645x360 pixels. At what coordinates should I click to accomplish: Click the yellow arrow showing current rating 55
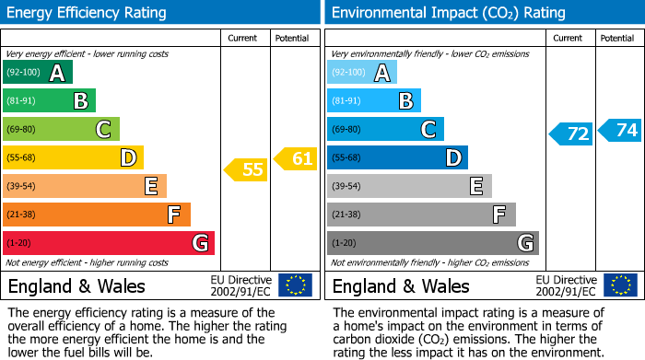pos(246,169)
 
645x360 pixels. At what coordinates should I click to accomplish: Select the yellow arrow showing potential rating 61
pos(295,159)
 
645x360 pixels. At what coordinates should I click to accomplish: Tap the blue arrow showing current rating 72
pos(570,134)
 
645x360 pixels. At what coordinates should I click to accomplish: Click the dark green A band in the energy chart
pos(38,73)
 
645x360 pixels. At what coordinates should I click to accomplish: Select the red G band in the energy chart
pos(109,243)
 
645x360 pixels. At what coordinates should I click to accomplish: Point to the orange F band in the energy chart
pos(97,215)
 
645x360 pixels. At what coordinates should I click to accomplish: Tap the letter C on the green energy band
pos(103,130)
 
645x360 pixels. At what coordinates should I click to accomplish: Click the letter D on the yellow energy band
pos(127,158)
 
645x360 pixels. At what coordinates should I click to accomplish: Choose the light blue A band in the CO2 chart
pos(362,73)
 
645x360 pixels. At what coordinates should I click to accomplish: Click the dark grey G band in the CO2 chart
pos(433,243)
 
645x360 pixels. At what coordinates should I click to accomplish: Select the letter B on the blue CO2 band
pos(405,101)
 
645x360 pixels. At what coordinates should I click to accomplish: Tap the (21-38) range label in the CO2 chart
pos(346,215)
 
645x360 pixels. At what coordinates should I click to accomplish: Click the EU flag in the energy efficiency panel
pos(295,285)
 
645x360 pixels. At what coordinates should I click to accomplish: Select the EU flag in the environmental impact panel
pos(619,285)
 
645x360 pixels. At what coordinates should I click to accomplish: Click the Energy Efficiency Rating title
pos(88,13)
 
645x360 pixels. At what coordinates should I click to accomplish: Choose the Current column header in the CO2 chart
pos(569,38)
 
